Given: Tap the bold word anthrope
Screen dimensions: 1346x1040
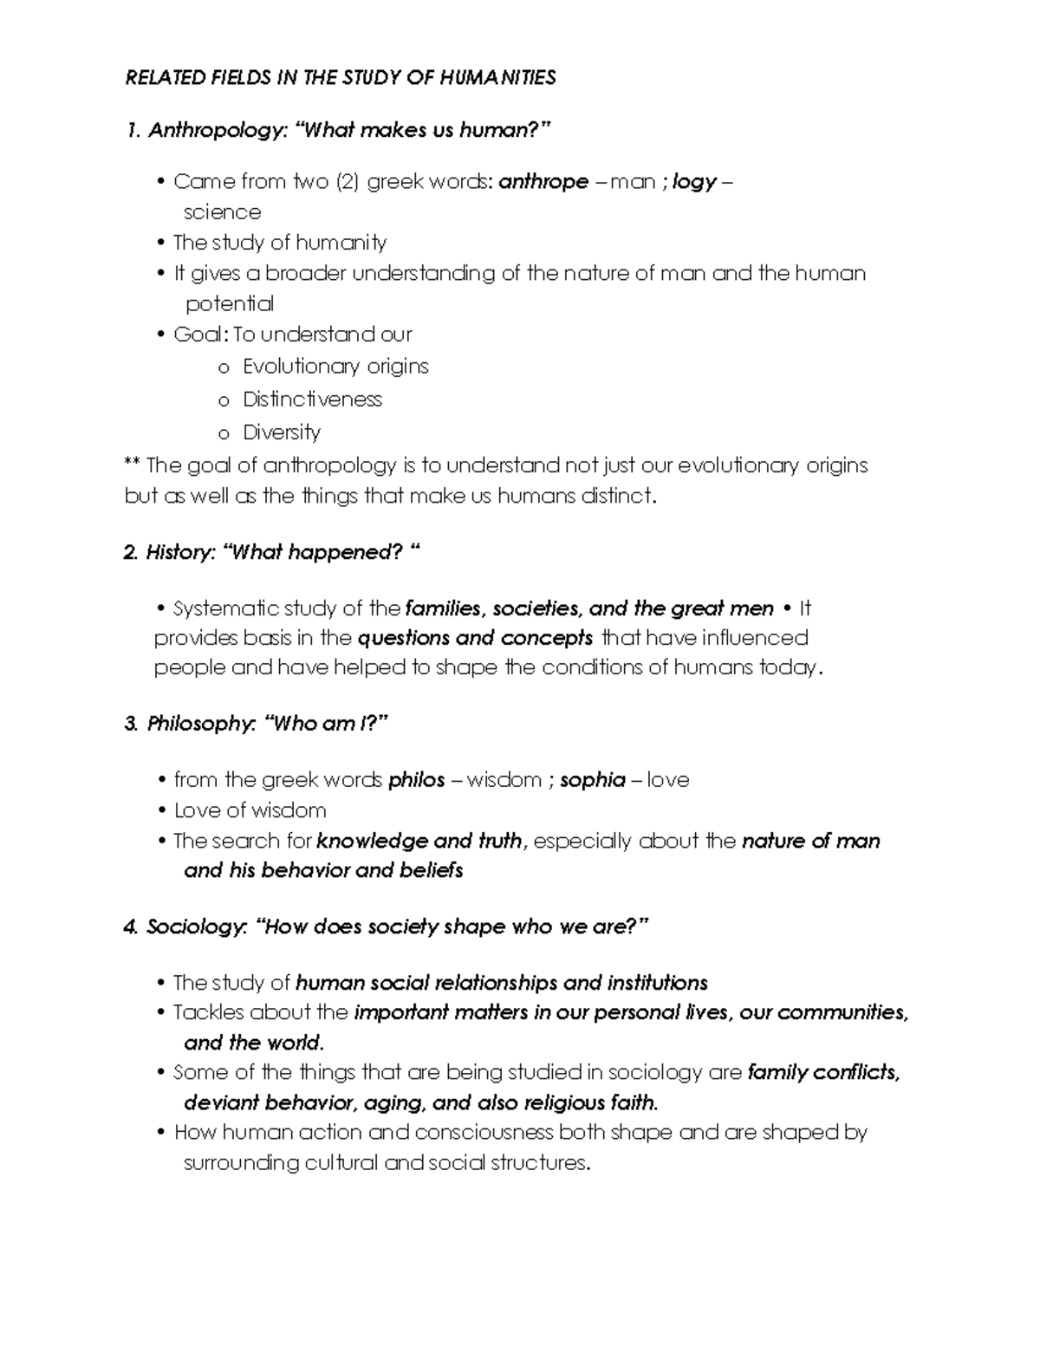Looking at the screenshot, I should (x=543, y=182).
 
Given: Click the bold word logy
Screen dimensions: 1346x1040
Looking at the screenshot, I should (x=694, y=182).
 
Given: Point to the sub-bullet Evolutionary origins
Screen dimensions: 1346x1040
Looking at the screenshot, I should (x=335, y=367).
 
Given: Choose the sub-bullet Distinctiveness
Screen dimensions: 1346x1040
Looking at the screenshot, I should (x=312, y=400).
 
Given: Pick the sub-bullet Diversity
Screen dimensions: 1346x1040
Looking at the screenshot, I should (x=282, y=432).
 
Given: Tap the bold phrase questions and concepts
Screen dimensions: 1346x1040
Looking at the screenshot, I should (x=475, y=638).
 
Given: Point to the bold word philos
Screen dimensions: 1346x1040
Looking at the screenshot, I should (x=416, y=780).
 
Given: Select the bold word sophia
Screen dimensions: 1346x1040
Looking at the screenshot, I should (x=593, y=780).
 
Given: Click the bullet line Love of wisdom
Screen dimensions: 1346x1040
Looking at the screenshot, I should (x=250, y=810).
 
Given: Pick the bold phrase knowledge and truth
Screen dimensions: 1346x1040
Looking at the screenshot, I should (x=419, y=841).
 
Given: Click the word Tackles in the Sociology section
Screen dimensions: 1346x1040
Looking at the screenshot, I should (x=208, y=1012).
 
